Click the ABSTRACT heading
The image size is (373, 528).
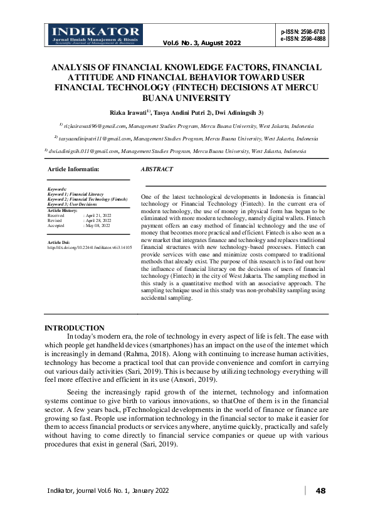[157, 169]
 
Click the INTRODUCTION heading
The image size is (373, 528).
[75, 328]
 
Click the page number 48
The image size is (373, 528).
[321, 490]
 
